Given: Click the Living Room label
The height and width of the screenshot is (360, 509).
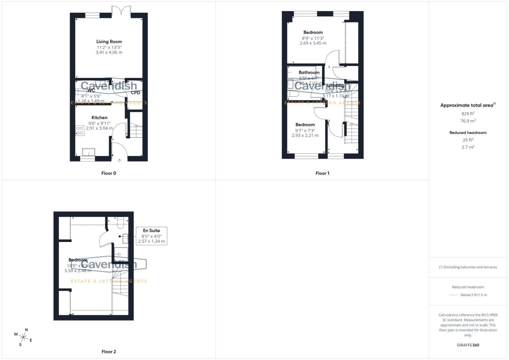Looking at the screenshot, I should (109, 42).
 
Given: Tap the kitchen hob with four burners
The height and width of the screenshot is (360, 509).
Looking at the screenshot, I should (80, 130).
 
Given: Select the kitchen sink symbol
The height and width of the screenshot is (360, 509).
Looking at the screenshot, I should (89, 152).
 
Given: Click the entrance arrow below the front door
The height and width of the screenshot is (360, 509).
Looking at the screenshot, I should (119, 161).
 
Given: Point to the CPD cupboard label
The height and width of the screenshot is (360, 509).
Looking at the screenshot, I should (135, 93).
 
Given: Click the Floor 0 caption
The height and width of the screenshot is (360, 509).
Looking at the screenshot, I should (109, 173).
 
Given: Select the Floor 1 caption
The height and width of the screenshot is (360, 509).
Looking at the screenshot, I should (322, 173).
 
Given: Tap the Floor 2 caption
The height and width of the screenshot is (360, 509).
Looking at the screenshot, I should (109, 352).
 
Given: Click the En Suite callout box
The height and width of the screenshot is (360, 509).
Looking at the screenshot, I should (151, 236).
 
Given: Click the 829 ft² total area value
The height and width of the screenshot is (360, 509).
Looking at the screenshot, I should (468, 114).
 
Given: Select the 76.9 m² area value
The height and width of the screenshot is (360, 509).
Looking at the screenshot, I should (468, 121).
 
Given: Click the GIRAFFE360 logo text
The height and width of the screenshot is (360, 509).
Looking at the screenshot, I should (468, 345).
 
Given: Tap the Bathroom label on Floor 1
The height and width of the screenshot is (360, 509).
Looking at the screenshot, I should (309, 72).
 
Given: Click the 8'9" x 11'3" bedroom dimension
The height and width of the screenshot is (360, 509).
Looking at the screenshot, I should (313, 38).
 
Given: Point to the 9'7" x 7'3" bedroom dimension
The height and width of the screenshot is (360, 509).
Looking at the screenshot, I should (305, 130).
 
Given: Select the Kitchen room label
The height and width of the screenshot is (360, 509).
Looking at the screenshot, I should (99, 118).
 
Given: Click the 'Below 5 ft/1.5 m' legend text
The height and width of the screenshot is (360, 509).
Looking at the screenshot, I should (473, 295).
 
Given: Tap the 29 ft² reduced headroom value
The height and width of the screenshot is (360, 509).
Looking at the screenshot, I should (468, 140).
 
